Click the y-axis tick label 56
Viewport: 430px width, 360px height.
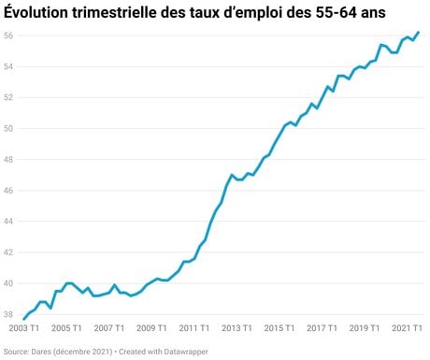pyautogui.click(x=8, y=36)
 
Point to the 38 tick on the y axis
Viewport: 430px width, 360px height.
pyautogui.click(x=8, y=314)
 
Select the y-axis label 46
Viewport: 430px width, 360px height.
pyautogui.click(x=8, y=191)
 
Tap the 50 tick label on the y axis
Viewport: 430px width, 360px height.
pyautogui.click(x=8, y=128)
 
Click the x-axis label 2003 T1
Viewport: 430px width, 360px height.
pyautogui.click(x=24, y=328)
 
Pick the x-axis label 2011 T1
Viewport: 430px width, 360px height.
pyautogui.click(x=194, y=328)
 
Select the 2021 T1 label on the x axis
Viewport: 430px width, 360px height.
pyautogui.click(x=407, y=328)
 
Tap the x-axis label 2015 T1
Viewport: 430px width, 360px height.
pyautogui.click(x=279, y=328)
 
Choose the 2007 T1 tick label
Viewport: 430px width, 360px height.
pyautogui.click(x=109, y=328)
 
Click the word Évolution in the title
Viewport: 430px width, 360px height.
pyautogui.click(x=36, y=13)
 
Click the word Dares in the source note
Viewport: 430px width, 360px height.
pyautogui.click(x=41, y=352)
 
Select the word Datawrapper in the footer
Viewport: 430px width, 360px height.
pyautogui.click(x=186, y=352)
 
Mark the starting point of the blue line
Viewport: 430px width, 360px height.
pyautogui.click(x=24, y=319)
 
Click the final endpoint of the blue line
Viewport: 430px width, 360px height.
pyautogui.click(x=418, y=33)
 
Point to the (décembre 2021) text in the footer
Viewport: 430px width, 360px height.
pyautogui.click(x=82, y=352)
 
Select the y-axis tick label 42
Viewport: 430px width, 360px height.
pyautogui.click(x=8, y=252)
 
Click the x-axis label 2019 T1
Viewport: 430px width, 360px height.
pyautogui.click(x=365, y=328)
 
